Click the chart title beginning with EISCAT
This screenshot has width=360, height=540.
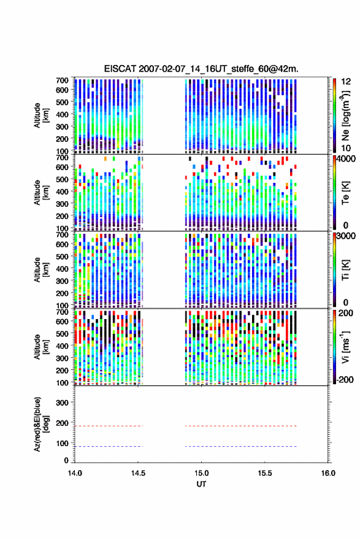point(201,69)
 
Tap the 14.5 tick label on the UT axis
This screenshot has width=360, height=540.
point(138,473)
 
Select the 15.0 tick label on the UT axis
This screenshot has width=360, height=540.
point(201,473)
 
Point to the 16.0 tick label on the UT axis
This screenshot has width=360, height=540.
point(328,473)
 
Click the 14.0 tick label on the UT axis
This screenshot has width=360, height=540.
point(75,473)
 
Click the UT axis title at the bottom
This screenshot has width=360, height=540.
point(201,484)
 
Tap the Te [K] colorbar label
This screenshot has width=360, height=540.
point(345,193)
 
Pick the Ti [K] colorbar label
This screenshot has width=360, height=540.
point(345,269)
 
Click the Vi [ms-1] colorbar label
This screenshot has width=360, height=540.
point(345,347)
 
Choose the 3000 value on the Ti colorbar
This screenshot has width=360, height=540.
point(347,236)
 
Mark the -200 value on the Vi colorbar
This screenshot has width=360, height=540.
point(345,379)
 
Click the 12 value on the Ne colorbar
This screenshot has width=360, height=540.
point(346,82)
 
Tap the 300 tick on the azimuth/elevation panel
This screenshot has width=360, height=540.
point(62,403)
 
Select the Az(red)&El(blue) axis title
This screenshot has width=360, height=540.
point(41,424)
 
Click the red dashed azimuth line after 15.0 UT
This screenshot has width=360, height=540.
point(240,426)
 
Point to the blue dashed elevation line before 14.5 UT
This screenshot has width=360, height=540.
point(109,446)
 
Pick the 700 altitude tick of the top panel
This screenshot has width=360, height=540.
point(62,80)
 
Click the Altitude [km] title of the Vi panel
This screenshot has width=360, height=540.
point(41,347)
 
